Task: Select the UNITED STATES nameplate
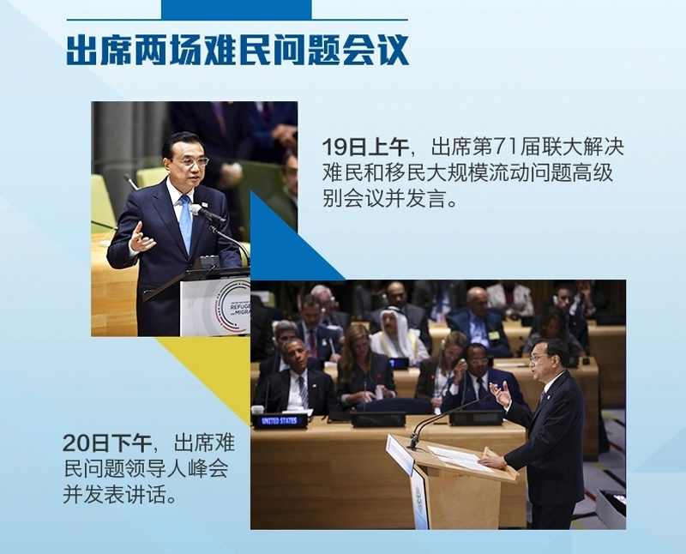(280, 421)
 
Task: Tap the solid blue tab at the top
(237, 9)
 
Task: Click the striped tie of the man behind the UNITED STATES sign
(304, 391)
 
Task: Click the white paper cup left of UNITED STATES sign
(257, 410)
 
